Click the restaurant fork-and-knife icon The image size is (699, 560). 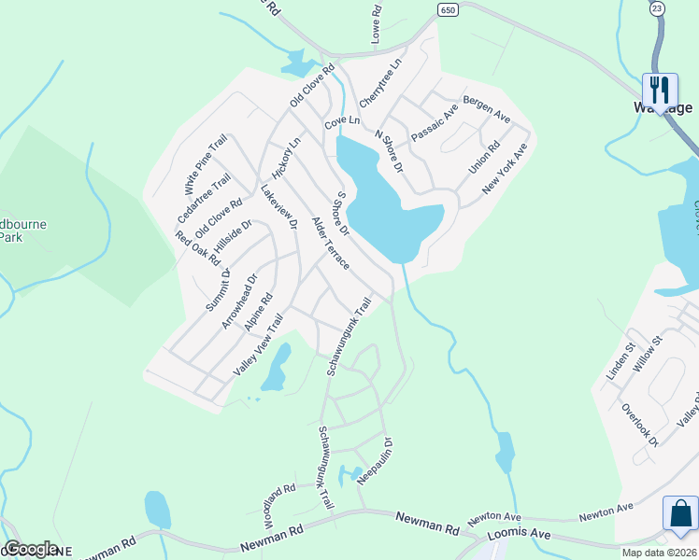tap(661, 89)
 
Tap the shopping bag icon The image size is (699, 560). tap(679, 512)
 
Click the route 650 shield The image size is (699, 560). tap(447, 8)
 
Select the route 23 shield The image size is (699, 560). tap(658, 7)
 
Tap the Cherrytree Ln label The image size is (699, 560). tap(386, 73)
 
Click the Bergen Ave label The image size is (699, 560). tap(486, 106)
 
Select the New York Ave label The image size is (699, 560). tap(505, 169)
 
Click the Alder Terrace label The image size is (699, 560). tap(330, 244)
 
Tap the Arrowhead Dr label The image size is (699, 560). tap(238, 301)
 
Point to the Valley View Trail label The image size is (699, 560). tap(257, 345)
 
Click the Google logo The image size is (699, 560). tap(32, 548)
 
